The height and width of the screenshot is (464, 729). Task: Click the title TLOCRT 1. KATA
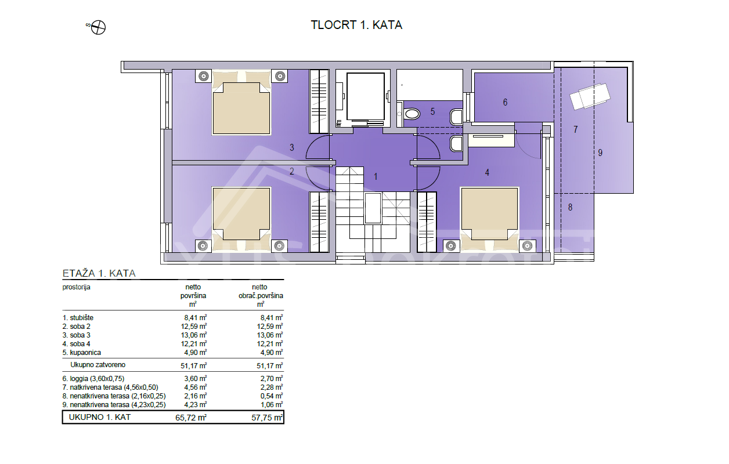(356, 25)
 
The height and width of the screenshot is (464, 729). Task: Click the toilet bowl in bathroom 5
(412, 114)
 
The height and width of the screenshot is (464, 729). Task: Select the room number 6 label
(505, 102)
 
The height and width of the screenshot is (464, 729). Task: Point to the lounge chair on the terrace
(589, 96)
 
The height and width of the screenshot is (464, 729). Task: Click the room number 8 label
(570, 207)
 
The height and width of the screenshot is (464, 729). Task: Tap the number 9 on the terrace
(600, 153)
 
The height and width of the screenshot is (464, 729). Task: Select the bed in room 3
(241, 103)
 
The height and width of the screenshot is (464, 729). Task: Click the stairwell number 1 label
(376, 176)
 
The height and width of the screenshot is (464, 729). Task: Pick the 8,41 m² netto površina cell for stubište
(195, 317)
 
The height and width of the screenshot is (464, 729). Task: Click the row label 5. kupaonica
(82, 353)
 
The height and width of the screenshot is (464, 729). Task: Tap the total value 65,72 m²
(191, 418)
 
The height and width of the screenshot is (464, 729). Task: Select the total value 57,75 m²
(267, 418)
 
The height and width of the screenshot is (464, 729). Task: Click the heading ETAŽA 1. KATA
(99, 273)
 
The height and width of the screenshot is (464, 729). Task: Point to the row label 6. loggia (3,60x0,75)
(93, 379)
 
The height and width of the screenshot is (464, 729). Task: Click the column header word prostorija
(76, 287)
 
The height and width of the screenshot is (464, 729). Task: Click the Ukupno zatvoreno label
(98, 365)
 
